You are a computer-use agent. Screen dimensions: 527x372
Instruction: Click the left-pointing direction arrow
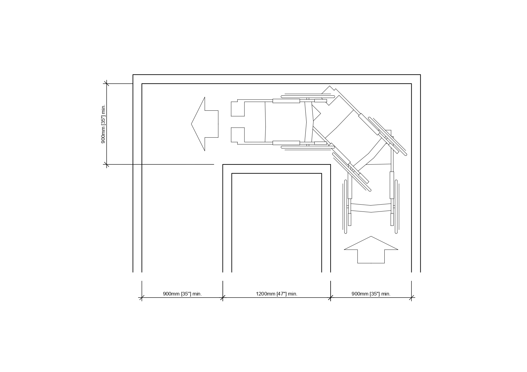205,124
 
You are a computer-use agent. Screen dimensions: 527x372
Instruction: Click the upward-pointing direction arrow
371,250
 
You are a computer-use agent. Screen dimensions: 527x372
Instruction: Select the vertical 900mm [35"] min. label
103,124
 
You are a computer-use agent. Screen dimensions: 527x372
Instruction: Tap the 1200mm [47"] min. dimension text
277,294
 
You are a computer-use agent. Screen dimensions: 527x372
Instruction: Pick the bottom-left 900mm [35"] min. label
182,294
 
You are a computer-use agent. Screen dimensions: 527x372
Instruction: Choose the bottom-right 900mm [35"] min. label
371,294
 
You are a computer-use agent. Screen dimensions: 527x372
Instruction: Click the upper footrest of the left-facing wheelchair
238,109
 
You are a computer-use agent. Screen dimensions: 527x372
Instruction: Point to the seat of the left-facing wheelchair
285,122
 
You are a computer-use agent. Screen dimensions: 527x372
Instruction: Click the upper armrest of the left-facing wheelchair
286,101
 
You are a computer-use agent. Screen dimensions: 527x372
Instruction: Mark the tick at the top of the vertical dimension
106,84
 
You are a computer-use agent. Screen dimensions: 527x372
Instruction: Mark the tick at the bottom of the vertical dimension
106,164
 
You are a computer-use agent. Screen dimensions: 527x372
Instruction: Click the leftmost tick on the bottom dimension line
142,298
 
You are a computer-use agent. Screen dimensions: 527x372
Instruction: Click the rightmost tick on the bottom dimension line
411,298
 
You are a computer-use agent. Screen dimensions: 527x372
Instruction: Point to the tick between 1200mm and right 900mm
331,298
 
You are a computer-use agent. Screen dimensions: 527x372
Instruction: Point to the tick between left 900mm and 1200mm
223,298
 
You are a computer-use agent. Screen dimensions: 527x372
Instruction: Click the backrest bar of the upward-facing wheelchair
371,208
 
